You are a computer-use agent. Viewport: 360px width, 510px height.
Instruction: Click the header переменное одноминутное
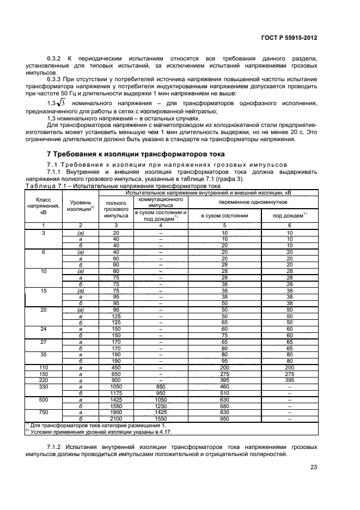(x=253, y=201)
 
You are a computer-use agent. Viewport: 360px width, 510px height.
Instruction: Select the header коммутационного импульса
(x=161, y=201)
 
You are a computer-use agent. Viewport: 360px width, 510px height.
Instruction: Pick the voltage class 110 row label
(x=39, y=367)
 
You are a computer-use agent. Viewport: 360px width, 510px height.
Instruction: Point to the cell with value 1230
(x=161, y=405)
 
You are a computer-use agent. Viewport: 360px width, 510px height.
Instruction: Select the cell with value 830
(x=224, y=411)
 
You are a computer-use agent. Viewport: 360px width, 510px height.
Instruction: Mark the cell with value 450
(x=116, y=367)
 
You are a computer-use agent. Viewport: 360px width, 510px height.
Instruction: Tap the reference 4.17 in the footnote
(x=144, y=430)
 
